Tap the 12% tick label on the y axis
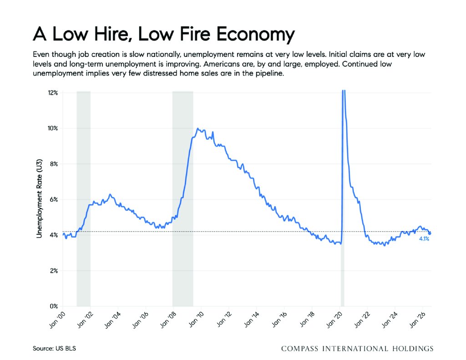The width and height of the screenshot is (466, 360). point(53,93)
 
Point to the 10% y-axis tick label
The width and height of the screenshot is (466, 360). point(53,128)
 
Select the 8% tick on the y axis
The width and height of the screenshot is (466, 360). point(54,164)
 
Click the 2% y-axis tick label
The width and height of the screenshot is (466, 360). point(54,271)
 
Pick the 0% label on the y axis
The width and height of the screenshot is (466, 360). point(54,306)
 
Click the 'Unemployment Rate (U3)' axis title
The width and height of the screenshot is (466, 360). point(39,198)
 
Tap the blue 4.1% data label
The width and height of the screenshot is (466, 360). point(424,239)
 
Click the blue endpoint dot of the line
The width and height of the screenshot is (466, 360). point(430,233)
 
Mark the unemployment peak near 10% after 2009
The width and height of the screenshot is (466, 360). point(198,128)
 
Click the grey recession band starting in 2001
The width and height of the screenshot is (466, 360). point(84,198)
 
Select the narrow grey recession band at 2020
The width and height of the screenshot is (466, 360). point(342,198)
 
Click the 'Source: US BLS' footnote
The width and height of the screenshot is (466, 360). point(55,349)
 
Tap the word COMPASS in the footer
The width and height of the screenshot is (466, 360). point(299,349)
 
